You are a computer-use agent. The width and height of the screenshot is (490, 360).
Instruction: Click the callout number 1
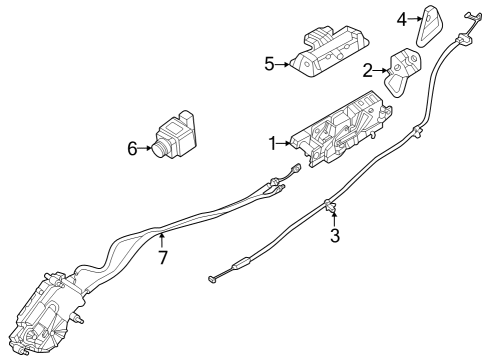coord(271,144)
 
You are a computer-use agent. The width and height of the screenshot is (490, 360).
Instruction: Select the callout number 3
coord(335,236)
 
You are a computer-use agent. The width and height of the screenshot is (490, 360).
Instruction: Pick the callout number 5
coord(269,63)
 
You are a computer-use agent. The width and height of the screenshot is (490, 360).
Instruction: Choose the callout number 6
coord(131,149)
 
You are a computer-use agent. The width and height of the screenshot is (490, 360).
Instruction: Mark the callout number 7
coord(163,257)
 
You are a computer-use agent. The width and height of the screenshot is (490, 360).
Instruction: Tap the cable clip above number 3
coord(329,206)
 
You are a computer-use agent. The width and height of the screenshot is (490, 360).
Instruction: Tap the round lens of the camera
coord(159,151)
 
